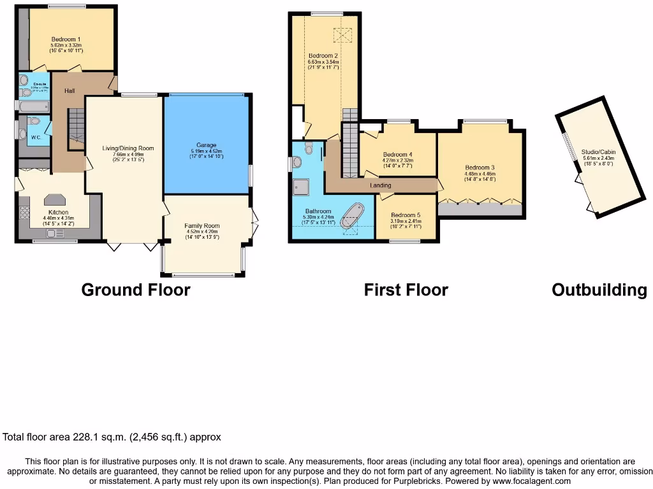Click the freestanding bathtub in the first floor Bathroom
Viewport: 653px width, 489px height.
351,216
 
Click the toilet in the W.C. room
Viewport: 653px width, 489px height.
34,121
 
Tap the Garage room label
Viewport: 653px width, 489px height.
206,145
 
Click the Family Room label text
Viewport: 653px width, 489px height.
202,226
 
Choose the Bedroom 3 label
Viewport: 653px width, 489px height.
480,167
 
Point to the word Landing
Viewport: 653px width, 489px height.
381,185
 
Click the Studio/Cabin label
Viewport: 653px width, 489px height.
594,152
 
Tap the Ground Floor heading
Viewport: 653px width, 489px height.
136,290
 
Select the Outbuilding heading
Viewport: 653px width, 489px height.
599,290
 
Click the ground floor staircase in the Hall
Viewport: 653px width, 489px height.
77,125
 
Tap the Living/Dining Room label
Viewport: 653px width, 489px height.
128,148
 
